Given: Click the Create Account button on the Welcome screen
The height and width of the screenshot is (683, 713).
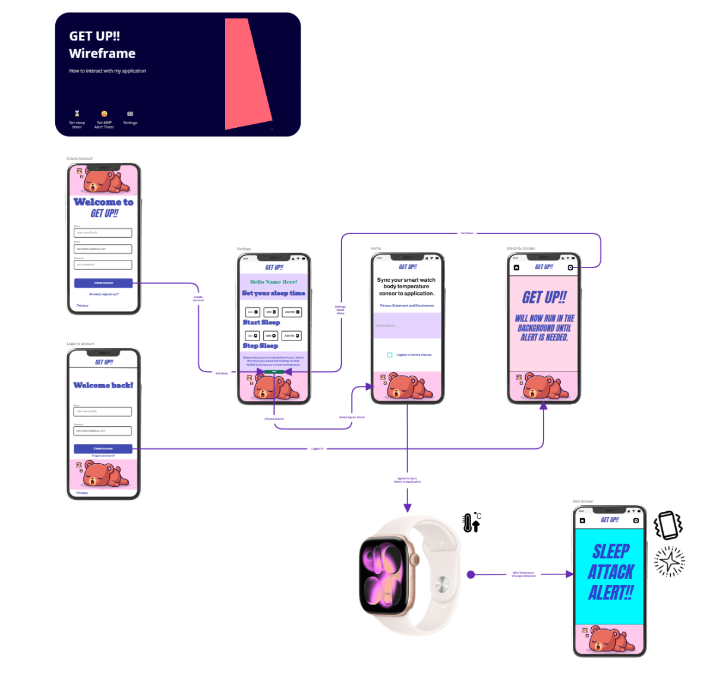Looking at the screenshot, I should click(103, 283).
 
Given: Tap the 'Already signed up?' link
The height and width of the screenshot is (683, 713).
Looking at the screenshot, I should click(104, 294).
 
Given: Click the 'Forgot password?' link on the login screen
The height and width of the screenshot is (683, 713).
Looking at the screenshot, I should click(103, 456).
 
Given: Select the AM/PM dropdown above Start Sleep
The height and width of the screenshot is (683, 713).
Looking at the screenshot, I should click(292, 312).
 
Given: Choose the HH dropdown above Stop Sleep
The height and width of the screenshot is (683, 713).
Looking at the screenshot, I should click(253, 336).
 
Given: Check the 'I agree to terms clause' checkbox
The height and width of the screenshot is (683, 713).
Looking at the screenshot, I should click(390, 355).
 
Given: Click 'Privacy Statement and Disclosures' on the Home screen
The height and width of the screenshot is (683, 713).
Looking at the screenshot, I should click(407, 306).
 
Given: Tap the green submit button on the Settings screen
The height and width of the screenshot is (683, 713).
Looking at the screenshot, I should click(274, 372).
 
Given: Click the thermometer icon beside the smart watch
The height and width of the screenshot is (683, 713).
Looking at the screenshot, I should click(471, 523).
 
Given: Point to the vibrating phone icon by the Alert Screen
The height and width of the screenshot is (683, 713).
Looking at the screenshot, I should click(668, 525).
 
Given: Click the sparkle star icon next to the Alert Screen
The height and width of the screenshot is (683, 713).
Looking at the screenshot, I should click(669, 561).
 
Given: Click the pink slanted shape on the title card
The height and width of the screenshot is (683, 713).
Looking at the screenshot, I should click(247, 74).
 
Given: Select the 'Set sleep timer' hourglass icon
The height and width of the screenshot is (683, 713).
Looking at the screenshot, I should click(77, 114).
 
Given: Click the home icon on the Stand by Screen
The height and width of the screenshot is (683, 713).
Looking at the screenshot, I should click(516, 267).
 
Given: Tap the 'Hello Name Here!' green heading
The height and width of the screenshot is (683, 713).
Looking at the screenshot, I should click(274, 282).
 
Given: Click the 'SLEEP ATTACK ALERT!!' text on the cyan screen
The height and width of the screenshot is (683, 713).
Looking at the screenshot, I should click(610, 572).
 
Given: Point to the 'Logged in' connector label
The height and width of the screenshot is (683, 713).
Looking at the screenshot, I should click(317, 449).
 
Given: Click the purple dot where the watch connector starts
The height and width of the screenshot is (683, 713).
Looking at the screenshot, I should click(471, 575).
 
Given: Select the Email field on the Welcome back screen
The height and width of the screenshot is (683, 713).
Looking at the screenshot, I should click(103, 411).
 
